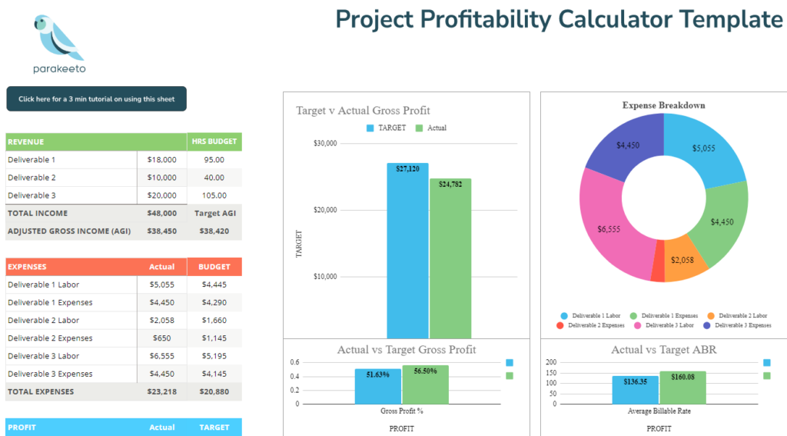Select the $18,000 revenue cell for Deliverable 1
(x=161, y=160)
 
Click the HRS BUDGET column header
(x=214, y=142)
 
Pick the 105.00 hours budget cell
(x=214, y=195)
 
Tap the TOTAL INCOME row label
(x=38, y=213)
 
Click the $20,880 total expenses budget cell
(x=214, y=391)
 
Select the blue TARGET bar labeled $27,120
(x=407, y=254)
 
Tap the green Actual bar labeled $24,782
(x=450, y=261)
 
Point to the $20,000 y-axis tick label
(x=325, y=210)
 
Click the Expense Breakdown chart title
(x=663, y=105)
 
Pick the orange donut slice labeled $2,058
(x=684, y=260)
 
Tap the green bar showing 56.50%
(x=425, y=384)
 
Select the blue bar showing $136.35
(x=636, y=390)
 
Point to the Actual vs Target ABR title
(x=659, y=350)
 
